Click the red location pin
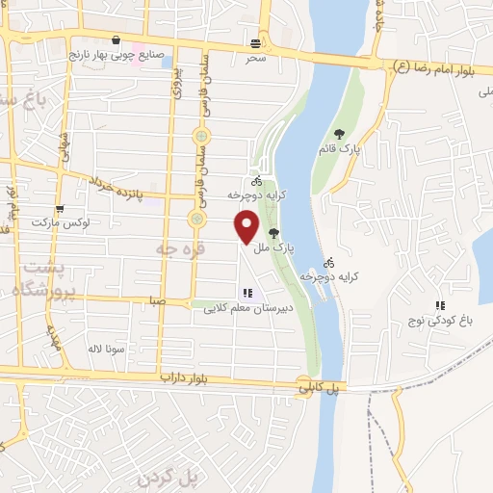(247, 226)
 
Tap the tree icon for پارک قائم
(338, 134)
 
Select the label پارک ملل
(272, 247)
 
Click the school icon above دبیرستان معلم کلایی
(247, 293)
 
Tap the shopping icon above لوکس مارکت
(60, 209)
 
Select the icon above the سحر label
(255, 42)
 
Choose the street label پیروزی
(176, 93)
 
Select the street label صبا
(159, 300)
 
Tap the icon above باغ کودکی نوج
(440, 306)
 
